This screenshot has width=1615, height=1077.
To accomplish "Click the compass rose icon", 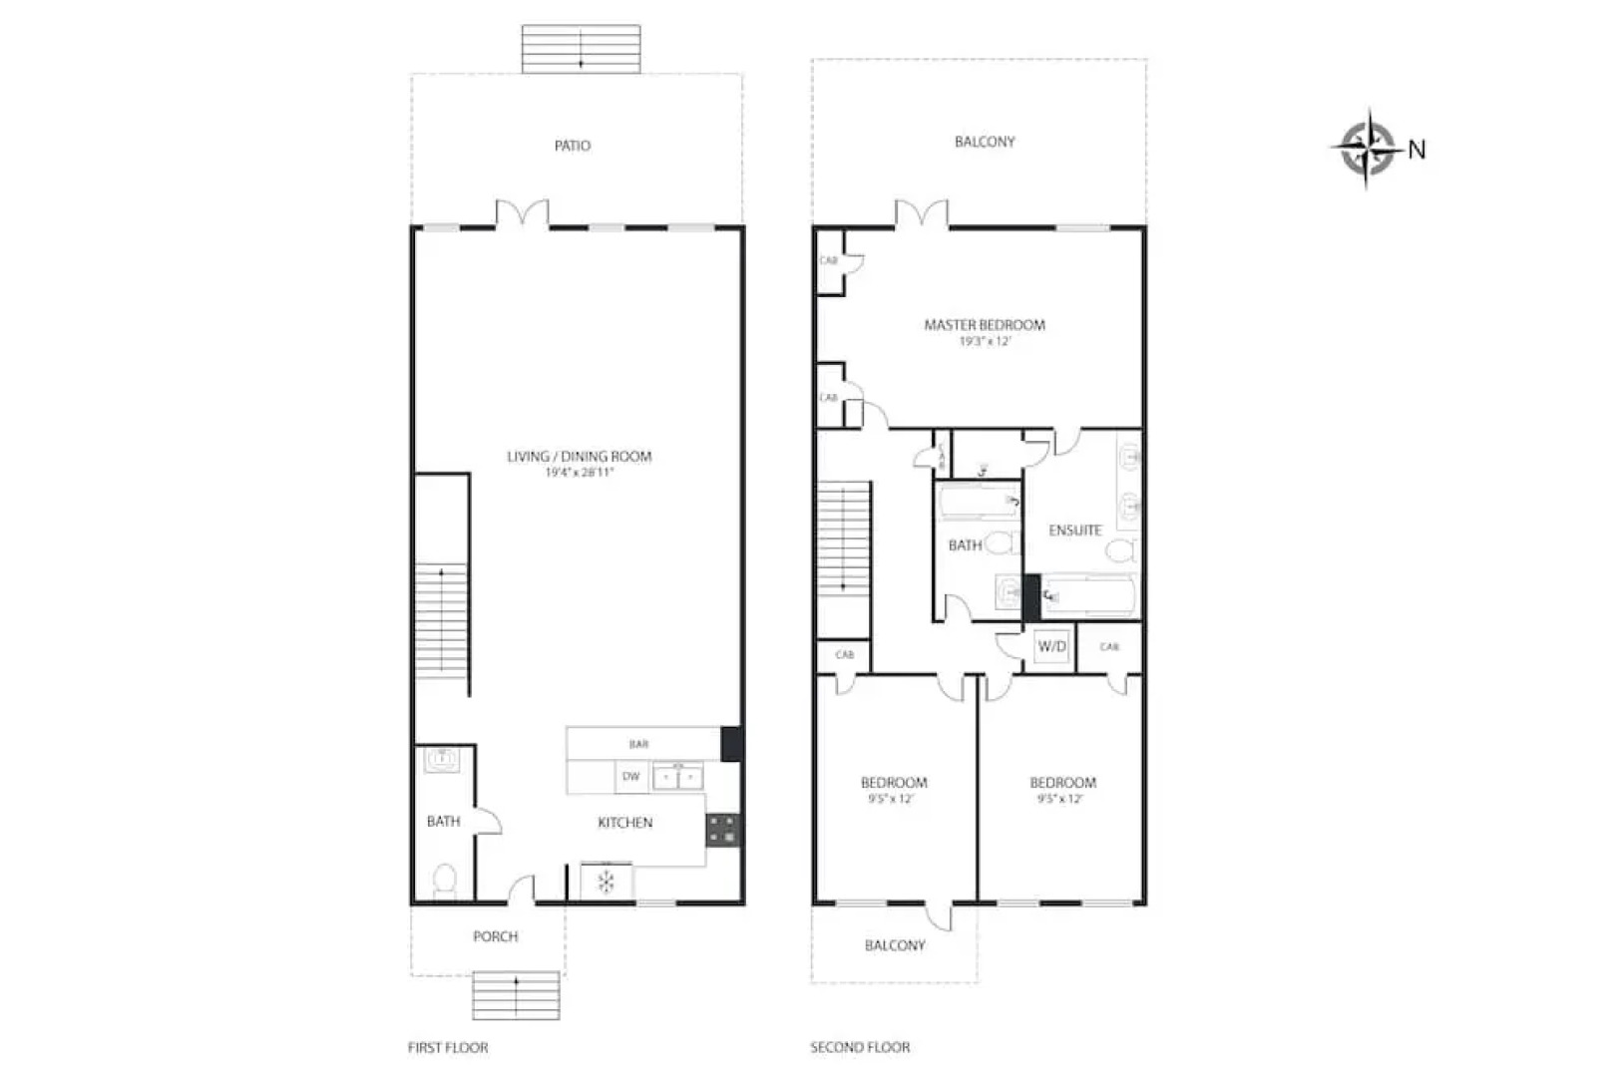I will coord(1366,149).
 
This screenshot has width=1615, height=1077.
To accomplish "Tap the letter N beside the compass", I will coord(1416,150).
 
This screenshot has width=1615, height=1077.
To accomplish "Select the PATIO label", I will coord(573,146).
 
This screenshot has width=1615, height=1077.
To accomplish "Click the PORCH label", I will coord(496,936).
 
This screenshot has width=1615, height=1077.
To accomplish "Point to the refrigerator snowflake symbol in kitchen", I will coord(606,882).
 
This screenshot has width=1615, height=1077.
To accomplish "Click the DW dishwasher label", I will coord(630,777).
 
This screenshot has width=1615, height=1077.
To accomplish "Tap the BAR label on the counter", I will coord(638,744).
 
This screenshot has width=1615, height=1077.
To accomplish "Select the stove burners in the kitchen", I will coord(723,830).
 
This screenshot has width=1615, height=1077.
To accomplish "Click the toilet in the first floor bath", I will coord(445,880).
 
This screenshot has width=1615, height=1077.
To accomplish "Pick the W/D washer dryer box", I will coord(1051,646).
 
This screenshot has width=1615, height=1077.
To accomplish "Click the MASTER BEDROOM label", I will coord(985,324).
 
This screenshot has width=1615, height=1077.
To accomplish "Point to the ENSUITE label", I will coord(1075,531).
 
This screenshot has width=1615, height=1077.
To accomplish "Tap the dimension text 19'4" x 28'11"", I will coord(579,473).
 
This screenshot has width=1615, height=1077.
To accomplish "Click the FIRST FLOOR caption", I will coord(448,1047).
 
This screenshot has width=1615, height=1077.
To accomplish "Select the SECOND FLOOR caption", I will coord(860,1047).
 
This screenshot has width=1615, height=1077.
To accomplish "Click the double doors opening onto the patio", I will coord(523,214).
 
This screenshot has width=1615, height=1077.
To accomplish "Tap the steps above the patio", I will coord(582,49).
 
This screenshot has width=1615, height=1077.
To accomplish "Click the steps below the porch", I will coord(516,994).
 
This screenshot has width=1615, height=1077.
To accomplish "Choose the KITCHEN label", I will coord(625,823).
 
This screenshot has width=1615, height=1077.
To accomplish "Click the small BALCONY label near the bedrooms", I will coord(895,945).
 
